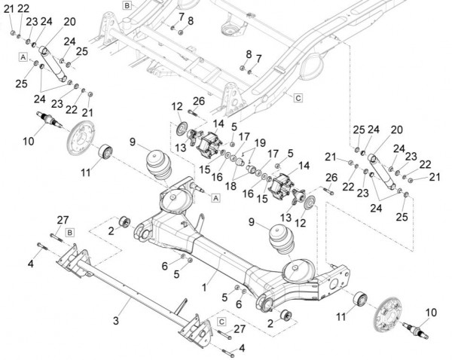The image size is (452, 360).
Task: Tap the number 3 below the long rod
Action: (116, 321)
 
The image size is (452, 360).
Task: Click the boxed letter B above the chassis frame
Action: (127, 5)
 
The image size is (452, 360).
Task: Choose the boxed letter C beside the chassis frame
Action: (298, 98)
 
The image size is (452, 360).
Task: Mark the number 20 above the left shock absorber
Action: (69, 21)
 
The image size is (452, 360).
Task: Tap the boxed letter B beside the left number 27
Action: (69, 232)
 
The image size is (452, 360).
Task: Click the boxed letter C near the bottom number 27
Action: (221, 321)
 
